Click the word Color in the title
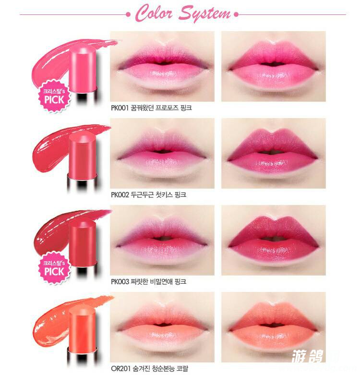154,13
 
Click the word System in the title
205,14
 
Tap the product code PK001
120,108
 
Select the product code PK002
120,194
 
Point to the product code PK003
120,281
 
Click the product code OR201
120,368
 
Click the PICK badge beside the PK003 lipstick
54,268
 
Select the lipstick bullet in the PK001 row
83,69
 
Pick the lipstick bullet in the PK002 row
82,155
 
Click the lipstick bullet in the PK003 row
83,243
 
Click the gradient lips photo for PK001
162,66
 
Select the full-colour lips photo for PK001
274,66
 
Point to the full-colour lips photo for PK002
274,153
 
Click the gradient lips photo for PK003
162,240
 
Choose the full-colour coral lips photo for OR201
274,327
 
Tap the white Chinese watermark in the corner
308,356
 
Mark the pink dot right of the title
237,14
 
